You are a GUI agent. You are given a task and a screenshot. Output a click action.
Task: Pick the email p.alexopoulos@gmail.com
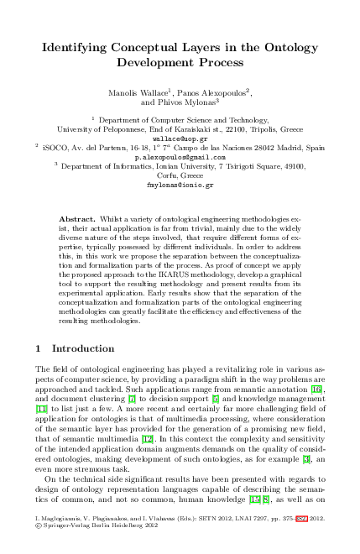pyautogui.click(x=180, y=157)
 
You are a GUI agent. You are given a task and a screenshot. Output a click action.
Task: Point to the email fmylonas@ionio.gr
pyautogui.click(x=180, y=185)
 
